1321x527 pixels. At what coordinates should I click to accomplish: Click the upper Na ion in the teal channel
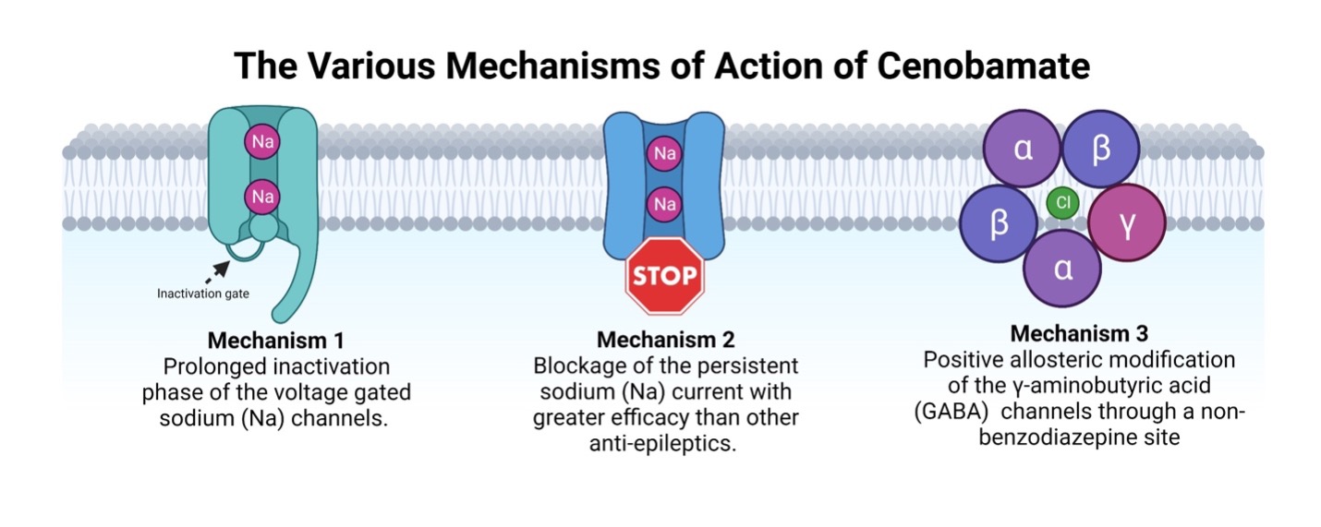click(x=262, y=142)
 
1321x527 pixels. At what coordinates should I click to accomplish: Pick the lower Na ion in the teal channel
click(x=262, y=196)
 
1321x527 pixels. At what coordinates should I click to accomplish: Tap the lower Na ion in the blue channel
click(x=664, y=203)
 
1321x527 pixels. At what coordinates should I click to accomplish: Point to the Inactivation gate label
click(x=202, y=294)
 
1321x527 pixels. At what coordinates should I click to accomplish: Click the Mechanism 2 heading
click(x=665, y=339)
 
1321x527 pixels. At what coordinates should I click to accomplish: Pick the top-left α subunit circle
click(x=1023, y=150)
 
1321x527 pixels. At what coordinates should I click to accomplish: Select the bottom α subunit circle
click(x=1063, y=268)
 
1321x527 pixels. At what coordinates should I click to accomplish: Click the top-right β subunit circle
click(x=1100, y=150)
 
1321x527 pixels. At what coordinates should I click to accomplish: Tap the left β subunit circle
click(x=999, y=225)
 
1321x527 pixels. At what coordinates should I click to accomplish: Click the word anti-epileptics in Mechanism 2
click(x=665, y=443)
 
